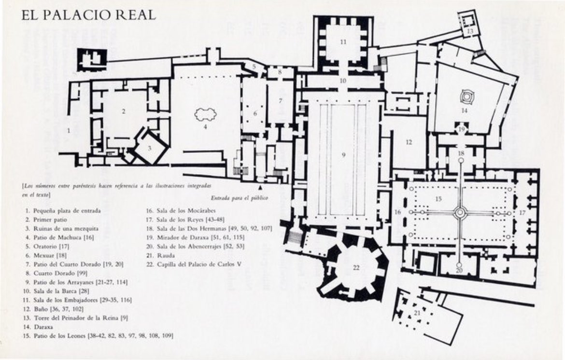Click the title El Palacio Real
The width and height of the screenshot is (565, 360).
point(88,15)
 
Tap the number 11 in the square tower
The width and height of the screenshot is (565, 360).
point(343,42)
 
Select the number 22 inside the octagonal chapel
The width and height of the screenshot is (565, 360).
point(356,268)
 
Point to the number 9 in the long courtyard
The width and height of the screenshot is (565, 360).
point(343,155)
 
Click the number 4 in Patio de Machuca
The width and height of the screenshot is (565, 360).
point(205,127)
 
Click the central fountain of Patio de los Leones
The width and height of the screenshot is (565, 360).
point(460,212)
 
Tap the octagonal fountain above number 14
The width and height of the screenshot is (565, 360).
point(466,97)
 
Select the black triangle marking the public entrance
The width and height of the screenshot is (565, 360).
point(260,187)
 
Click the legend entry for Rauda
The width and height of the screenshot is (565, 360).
point(161,255)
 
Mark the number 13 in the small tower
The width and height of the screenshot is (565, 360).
point(470,31)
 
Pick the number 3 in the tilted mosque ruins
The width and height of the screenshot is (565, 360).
point(150,148)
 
